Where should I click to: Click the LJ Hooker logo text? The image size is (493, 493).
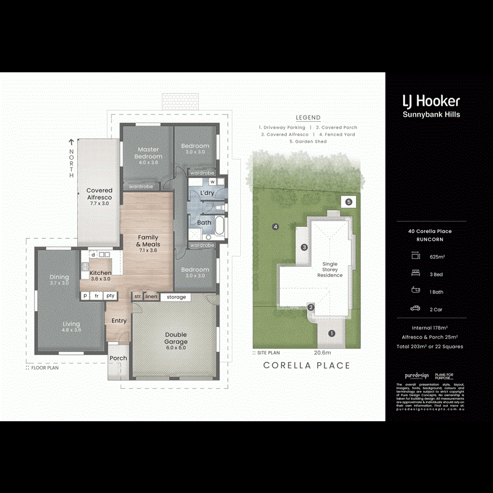431,101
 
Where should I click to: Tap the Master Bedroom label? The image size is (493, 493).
148,153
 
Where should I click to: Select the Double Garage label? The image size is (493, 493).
176,338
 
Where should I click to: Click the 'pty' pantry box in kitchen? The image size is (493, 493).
111,296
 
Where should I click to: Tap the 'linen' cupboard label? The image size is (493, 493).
151,297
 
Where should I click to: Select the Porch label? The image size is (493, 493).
118,358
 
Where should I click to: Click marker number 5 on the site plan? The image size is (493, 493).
348,201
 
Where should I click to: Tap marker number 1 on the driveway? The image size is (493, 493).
331,333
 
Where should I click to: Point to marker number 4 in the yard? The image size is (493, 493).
276,226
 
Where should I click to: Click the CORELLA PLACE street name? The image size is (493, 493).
306,365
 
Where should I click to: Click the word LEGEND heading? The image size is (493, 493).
308,118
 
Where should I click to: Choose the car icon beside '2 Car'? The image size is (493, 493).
416,309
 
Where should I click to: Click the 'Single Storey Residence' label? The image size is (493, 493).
330,270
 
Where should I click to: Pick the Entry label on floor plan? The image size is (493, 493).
119,321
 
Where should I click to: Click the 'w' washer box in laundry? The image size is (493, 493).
211,181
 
